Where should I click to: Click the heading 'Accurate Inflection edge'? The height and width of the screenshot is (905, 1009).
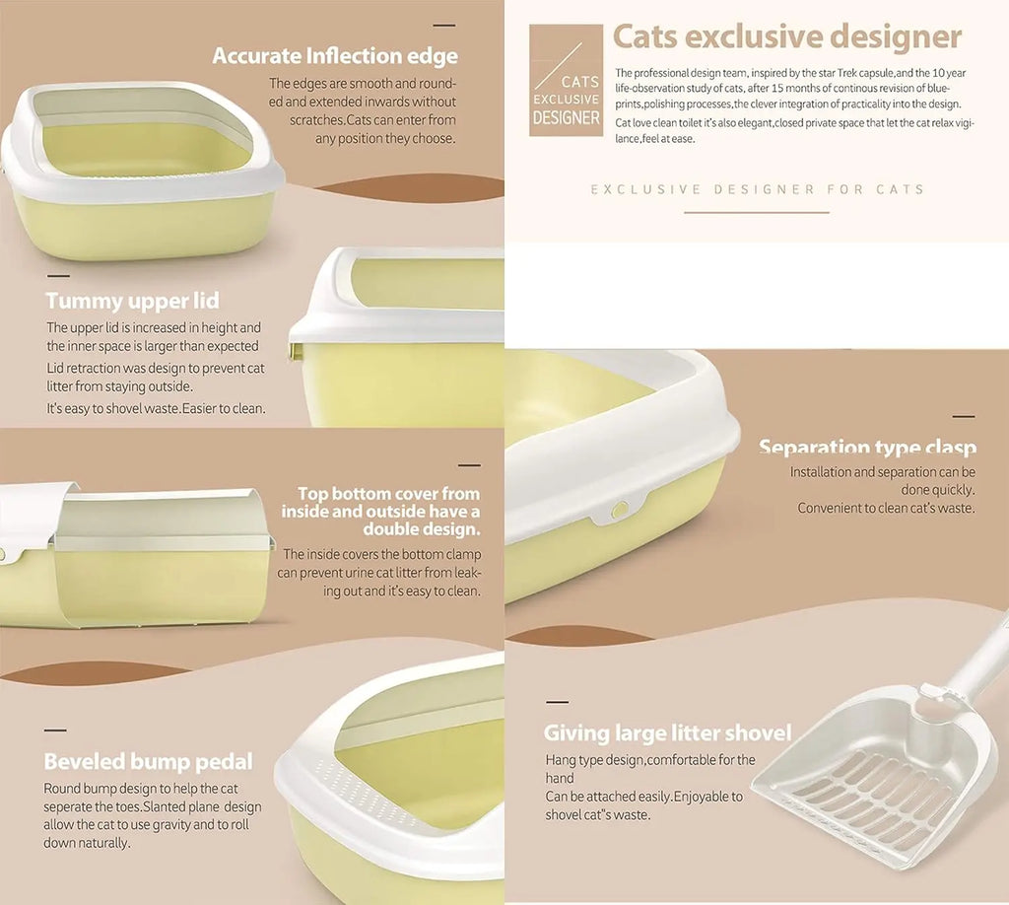pyautogui.click(x=335, y=56)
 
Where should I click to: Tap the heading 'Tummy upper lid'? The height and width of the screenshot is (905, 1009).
pyautogui.click(x=133, y=301)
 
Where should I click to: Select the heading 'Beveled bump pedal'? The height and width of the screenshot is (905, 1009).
pyautogui.click(x=148, y=761)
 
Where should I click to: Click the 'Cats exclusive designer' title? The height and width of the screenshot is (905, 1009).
pyautogui.click(x=787, y=36)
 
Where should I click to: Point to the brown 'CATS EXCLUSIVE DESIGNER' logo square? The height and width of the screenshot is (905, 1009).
pyautogui.click(x=566, y=81)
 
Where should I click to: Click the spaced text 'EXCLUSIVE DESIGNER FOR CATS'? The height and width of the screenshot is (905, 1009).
pyautogui.click(x=758, y=189)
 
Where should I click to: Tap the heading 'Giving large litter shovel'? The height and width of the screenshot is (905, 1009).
pyautogui.click(x=667, y=733)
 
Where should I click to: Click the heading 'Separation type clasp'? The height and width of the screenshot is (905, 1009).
pyautogui.click(x=867, y=447)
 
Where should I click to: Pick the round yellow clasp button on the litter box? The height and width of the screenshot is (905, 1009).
pyautogui.click(x=620, y=511)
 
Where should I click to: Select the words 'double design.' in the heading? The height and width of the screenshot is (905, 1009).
pyautogui.click(x=422, y=529)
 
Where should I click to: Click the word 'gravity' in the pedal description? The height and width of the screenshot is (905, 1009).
pyautogui.click(x=170, y=824)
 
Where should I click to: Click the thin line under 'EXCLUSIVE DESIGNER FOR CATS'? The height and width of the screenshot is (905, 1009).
pyautogui.click(x=756, y=212)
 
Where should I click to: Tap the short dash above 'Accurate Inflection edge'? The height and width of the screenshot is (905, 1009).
pyautogui.click(x=444, y=26)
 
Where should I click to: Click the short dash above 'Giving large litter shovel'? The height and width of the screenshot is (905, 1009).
pyautogui.click(x=558, y=702)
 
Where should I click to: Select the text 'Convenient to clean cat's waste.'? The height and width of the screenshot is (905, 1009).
pyautogui.click(x=886, y=508)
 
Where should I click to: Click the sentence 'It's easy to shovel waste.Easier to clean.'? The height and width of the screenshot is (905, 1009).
pyautogui.click(x=156, y=408)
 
